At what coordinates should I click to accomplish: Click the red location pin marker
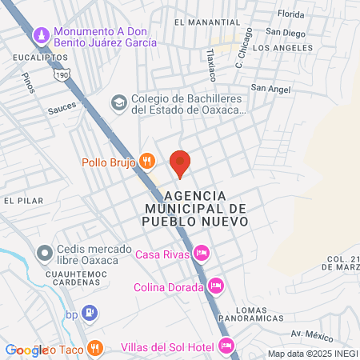[x=180, y=163]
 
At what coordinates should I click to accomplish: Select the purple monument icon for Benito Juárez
[x=42, y=36]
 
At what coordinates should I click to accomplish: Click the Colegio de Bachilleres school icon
[x=119, y=102]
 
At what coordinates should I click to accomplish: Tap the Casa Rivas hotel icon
[x=202, y=254]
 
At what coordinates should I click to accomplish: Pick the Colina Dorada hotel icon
[x=215, y=285]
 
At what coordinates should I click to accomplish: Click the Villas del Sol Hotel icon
[x=226, y=346]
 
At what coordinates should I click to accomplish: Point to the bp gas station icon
[x=91, y=312]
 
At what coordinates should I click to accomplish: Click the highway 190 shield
[x=62, y=74]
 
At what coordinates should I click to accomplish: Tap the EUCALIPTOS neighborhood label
[x=38, y=58]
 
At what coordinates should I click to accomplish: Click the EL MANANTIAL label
[x=201, y=22]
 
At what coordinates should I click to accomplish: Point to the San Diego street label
[x=286, y=33]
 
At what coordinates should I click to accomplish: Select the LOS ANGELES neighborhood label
[x=282, y=48]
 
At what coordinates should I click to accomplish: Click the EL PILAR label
[x=22, y=200]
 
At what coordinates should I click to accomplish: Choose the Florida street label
[x=291, y=14]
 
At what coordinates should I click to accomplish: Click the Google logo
[x=26, y=350]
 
